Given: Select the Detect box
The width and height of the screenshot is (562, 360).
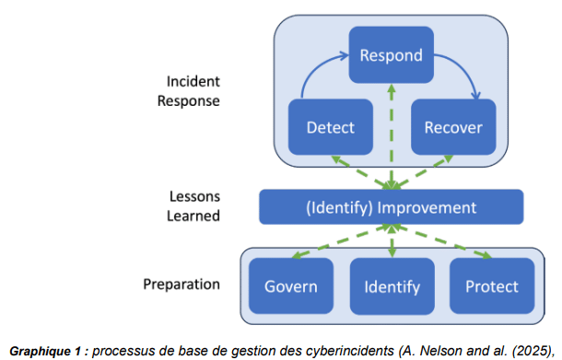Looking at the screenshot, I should (x=330, y=127).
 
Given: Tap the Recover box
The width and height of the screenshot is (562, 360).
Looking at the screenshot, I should (x=452, y=127).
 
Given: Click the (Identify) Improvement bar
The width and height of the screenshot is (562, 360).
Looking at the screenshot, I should (x=391, y=207).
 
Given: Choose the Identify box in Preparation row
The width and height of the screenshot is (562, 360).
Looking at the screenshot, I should (x=392, y=285).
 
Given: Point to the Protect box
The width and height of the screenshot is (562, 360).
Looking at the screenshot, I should (x=490, y=285).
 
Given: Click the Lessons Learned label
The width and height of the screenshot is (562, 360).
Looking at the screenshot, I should (x=194, y=206).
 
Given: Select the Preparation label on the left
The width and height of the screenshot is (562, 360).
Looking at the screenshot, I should (x=181, y=284).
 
